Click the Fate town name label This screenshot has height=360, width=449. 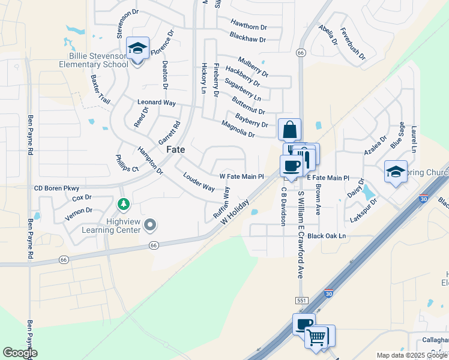(x=175, y=149)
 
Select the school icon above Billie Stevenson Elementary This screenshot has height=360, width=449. (x=138, y=49)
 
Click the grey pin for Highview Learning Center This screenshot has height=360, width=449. (x=151, y=225)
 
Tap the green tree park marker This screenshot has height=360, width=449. (x=124, y=205)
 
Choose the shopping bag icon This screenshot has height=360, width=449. (x=289, y=130)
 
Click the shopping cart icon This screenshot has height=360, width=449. (x=316, y=337)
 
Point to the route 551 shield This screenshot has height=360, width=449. (x=301, y=300)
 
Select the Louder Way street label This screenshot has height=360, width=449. (x=199, y=182)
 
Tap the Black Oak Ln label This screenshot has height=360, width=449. (x=327, y=236)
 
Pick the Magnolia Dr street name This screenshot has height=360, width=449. (x=238, y=129)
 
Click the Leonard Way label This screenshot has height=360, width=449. (x=157, y=103)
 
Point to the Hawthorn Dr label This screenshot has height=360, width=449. (x=248, y=24)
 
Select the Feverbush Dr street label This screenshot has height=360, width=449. (x=352, y=43)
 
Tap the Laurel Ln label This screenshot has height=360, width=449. (x=414, y=139)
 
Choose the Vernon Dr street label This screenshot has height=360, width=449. (x=79, y=211)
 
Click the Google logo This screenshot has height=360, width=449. (x=20, y=353)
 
